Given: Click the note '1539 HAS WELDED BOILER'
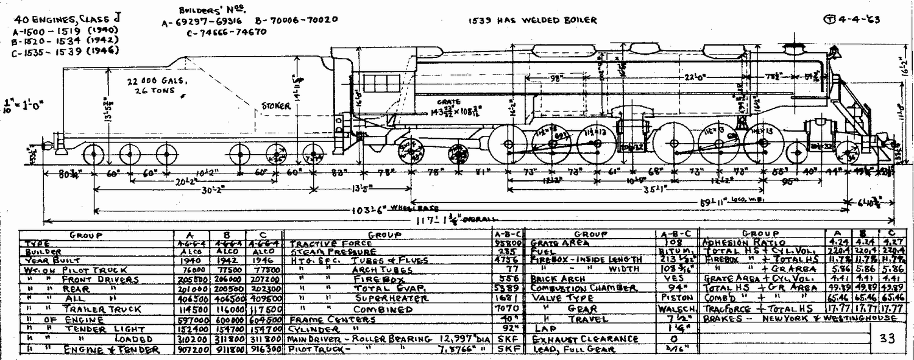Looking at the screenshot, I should point(532,20).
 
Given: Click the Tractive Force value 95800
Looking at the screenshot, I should point(507,242).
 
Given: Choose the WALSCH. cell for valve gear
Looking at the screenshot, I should point(673,309).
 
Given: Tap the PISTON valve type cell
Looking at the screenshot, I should point(673,298).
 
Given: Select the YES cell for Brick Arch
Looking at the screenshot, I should point(673,278).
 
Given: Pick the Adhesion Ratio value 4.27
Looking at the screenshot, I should point(891,242).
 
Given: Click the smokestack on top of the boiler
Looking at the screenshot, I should point(793,48).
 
